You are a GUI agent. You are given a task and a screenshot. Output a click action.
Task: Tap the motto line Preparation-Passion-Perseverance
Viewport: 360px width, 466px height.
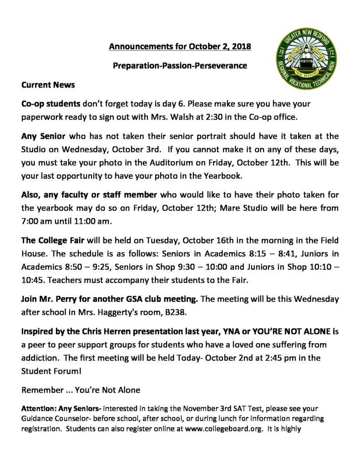coord(180,66)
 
